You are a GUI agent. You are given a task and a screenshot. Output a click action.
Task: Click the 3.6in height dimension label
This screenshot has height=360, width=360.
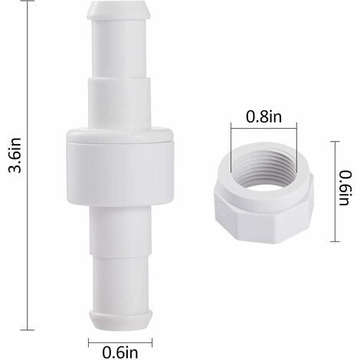(15, 155)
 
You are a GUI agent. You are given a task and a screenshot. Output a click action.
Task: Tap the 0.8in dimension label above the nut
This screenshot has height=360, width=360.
(263, 117)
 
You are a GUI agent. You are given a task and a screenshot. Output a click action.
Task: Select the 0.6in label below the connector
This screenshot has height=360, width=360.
(120, 352)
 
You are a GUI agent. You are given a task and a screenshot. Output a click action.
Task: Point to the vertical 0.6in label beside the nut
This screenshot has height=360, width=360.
(345, 188)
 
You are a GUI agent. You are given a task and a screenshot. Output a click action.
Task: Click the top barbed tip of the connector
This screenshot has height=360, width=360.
(119, 10)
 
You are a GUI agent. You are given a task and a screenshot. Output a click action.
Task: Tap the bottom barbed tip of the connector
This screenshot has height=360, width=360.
(120, 319)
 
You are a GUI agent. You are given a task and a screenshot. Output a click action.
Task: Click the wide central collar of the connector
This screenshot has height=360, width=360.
(120, 167)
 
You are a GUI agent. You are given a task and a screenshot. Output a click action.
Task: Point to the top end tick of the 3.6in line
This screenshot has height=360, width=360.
(28, 1)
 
